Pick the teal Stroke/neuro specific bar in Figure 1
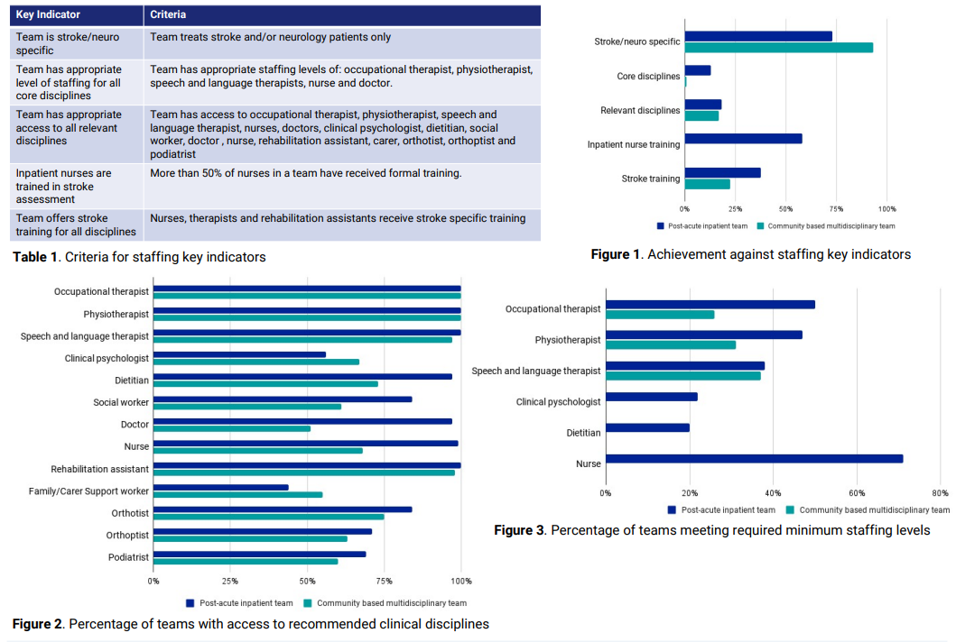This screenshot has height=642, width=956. coord(778,48)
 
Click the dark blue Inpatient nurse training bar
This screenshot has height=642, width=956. coord(743,139)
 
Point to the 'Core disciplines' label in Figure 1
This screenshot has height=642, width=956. coord(648,76)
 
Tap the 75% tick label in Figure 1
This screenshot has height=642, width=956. coord(836,209)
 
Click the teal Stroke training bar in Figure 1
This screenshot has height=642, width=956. coord(707,184)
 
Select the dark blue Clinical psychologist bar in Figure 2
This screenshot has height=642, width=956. coord(239,354)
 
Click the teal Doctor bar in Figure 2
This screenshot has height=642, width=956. coord(232,429)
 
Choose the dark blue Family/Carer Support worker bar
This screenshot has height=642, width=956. coord(220,487)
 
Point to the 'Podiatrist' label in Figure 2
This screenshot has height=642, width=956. coord(128,557)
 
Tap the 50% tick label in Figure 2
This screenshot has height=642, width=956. coord(307,581)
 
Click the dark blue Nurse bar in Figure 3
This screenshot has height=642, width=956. coord(754,459)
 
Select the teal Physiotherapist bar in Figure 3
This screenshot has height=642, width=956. coord(671,344)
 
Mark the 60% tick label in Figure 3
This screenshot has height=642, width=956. coord(857,492)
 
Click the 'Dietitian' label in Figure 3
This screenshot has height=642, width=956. coord(583,433)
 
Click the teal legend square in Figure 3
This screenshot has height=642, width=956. coord(790,509)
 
